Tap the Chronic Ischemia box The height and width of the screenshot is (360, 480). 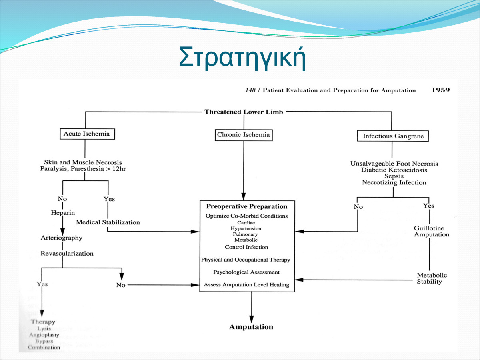(x=243, y=135)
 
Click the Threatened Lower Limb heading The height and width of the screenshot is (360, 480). (x=244, y=112)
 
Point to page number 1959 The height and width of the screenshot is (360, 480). (x=440, y=90)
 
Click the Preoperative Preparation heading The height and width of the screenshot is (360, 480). (x=247, y=207)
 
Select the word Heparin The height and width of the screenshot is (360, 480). (x=62, y=213)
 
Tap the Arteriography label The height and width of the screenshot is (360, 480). (x=62, y=238)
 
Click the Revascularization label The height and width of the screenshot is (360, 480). (x=67, y=253)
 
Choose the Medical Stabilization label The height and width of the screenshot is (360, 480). (x=108, y=222)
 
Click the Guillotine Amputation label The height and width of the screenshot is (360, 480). (x=432, y=232)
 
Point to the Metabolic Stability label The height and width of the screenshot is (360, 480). (x=432, y=278)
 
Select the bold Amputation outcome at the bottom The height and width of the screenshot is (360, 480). (x=251, y=327)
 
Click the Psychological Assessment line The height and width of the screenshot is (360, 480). (x=246, y=272)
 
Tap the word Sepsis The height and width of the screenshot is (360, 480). (x=394, y=176)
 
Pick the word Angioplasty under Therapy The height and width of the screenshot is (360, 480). (x=44, y=335)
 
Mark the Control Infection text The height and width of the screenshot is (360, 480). (x=246, y=247)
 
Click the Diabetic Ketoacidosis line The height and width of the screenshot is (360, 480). (x=394, y=170)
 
